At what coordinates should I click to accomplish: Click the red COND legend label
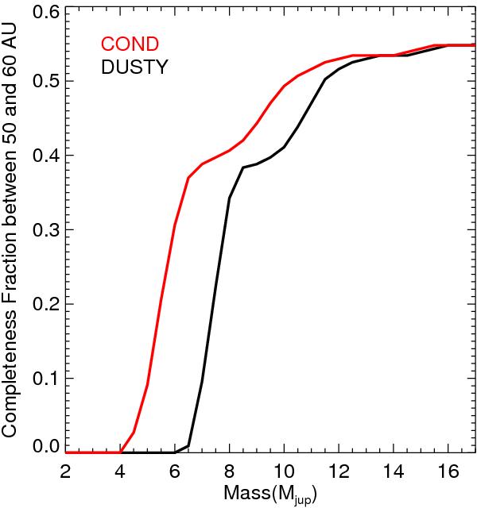[x=129, y=44]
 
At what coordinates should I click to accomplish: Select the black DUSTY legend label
[x=134, y=68]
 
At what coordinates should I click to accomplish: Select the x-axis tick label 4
[x=120, y=471]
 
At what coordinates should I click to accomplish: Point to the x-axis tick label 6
[x=175, y=471]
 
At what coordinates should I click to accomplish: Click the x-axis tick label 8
[x=229, y=471]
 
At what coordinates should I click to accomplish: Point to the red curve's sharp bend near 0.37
[x=188, y=178]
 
